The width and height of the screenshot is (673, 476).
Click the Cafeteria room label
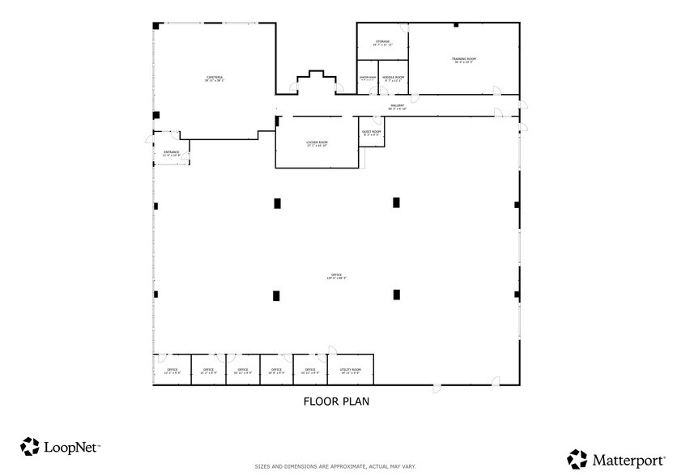coord(214,79)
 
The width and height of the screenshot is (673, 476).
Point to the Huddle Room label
coord(394,79)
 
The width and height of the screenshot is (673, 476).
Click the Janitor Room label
coord(368,79)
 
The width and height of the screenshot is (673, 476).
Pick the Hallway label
coord(397,106)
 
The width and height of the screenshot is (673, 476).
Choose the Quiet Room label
coord(371,132)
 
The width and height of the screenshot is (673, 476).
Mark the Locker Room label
coord(317,144)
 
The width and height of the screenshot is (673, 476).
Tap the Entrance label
coord(172,152)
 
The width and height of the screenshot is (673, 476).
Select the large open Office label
coord(335,276)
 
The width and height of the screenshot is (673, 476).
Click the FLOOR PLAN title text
coord(336,401)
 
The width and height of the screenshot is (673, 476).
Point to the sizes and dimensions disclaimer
coord(335,466)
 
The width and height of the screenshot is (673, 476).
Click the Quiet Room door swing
coord(377,121)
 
